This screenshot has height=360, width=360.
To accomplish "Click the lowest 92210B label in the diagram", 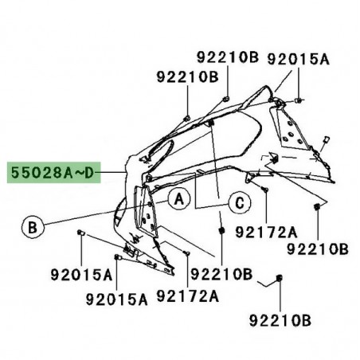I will click(x=280, y=323).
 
